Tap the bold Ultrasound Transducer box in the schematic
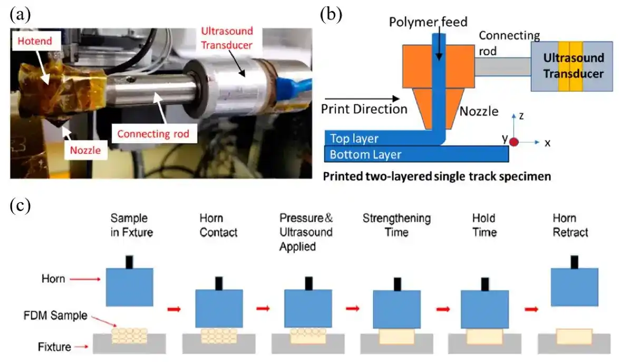[x=573, y=66]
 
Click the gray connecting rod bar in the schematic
[x=502, y=66]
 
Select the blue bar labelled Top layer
[x=380, y=138]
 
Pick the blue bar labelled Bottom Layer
[x=417, y=154]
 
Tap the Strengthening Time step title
[x=396, y=226]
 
